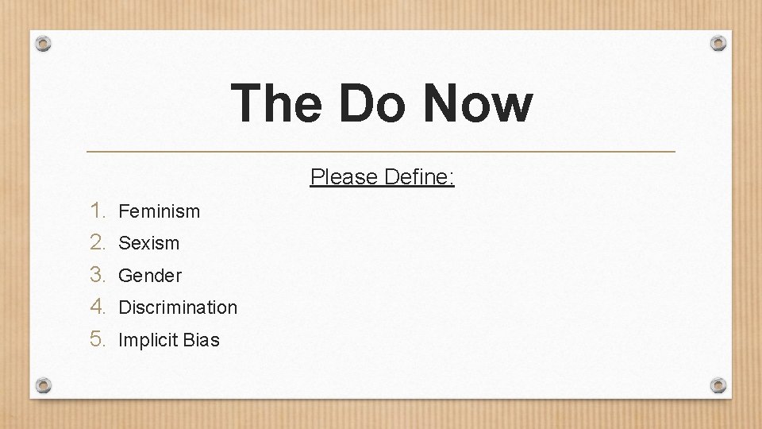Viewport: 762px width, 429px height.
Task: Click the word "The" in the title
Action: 276,104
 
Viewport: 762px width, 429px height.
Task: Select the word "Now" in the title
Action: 477,104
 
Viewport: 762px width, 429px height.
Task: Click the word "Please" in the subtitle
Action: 344,176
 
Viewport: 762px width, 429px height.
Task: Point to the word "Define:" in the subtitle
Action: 419,176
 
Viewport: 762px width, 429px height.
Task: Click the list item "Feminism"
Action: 159,211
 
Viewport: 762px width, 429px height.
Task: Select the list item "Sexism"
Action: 148,243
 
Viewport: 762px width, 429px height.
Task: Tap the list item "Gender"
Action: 149,276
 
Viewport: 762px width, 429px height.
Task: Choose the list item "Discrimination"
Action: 178,307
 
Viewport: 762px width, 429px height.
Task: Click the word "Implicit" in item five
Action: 148,341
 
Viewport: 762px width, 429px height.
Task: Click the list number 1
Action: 97,211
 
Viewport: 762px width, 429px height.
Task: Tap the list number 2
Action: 97,242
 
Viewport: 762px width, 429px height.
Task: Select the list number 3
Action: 97,275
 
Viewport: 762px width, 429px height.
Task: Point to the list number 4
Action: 97,307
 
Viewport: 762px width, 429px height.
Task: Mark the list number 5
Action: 97,339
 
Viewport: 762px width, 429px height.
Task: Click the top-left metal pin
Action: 44,44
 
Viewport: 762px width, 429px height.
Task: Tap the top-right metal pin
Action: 718,43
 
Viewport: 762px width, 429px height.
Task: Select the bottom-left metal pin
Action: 44,385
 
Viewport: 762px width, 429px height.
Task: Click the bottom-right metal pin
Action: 718,385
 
